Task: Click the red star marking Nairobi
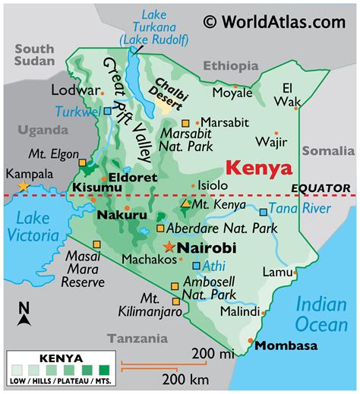168,246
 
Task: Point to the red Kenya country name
259,167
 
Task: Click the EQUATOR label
321,188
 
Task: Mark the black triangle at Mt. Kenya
186,203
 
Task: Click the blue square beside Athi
196,266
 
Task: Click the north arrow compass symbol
24,314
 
